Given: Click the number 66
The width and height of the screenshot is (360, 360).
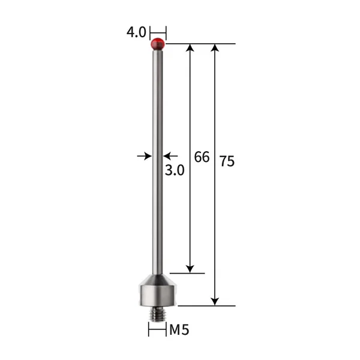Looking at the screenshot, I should coord(202,157).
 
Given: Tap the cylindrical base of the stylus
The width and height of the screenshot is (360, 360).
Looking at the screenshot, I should coord(158,295).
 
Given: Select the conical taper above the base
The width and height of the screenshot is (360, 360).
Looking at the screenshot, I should coord(158,279).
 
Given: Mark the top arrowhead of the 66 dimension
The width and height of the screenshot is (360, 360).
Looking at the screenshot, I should coord(190,49).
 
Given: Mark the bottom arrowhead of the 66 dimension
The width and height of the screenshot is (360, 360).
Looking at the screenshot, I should coord(190,268).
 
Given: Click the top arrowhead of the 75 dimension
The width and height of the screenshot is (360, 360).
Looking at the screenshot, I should coord(215,49).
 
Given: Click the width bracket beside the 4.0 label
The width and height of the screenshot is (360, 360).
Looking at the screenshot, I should coord(158,31).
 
